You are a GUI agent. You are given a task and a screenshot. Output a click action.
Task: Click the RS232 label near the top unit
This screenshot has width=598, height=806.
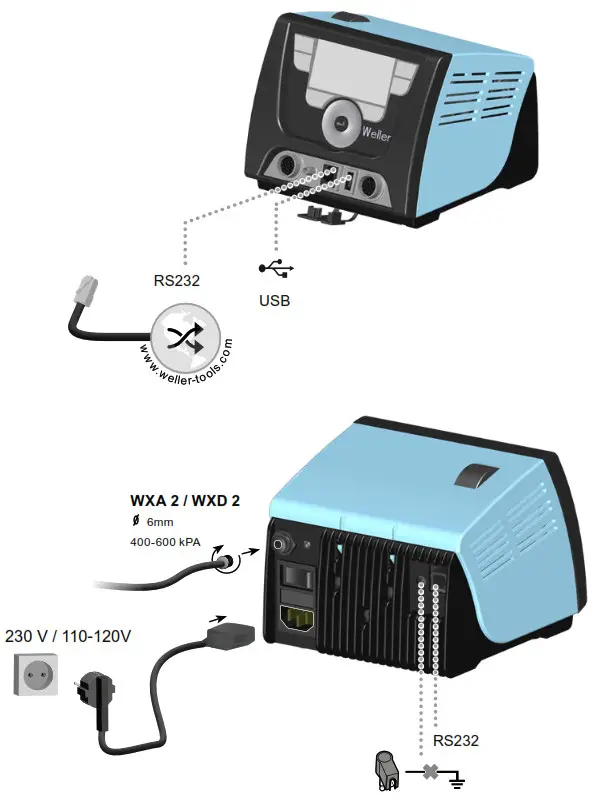click(x=177, y=281)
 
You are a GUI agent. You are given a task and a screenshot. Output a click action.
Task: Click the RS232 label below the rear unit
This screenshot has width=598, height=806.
click(x=456, y=741)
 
